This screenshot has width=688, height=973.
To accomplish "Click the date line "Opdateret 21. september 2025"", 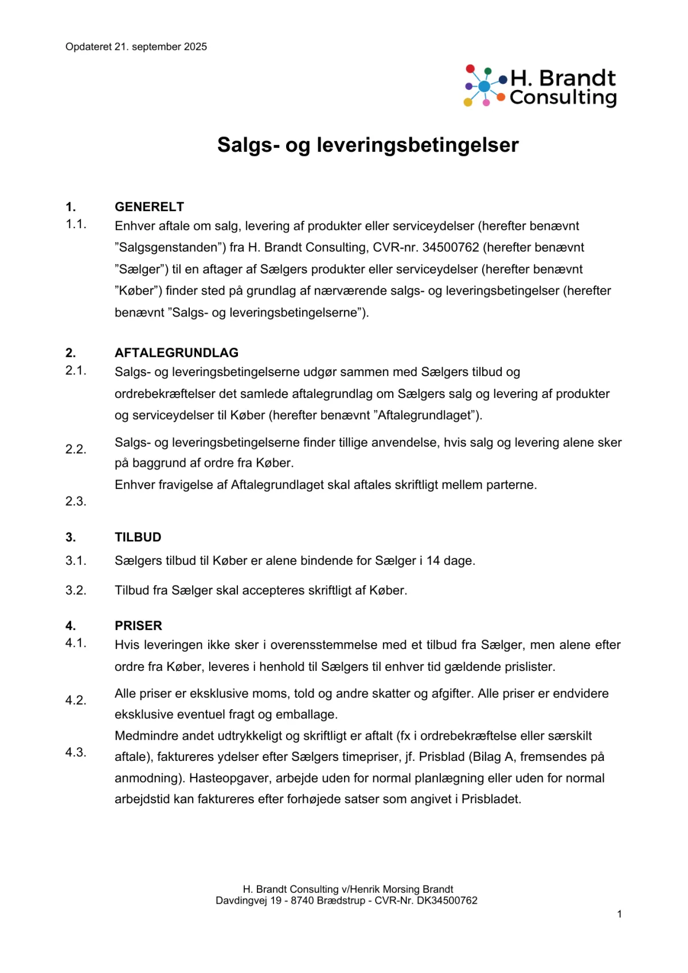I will coord(136,47).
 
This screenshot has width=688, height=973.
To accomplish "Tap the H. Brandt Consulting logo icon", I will coord(485,86).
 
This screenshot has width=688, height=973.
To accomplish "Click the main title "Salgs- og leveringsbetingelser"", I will coord(368,145).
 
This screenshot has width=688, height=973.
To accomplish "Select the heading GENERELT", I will coord(149,207).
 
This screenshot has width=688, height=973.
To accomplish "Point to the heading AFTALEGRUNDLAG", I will coord(177,353).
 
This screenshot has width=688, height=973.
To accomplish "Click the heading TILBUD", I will coord(138,537).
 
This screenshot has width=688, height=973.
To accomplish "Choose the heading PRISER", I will coord(138,626).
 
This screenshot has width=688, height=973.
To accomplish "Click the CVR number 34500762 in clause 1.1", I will coord(451,248).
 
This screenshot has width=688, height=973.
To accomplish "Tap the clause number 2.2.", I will coord(76,450).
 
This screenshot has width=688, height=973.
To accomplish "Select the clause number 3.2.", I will coord(76,591).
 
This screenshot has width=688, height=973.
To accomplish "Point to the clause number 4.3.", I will coord(76,753).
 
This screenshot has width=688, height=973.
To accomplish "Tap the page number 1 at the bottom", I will coord(619,914).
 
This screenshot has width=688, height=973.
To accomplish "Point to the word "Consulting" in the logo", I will coord(563,97).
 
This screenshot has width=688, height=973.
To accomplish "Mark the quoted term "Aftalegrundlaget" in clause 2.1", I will coord(427,416).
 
